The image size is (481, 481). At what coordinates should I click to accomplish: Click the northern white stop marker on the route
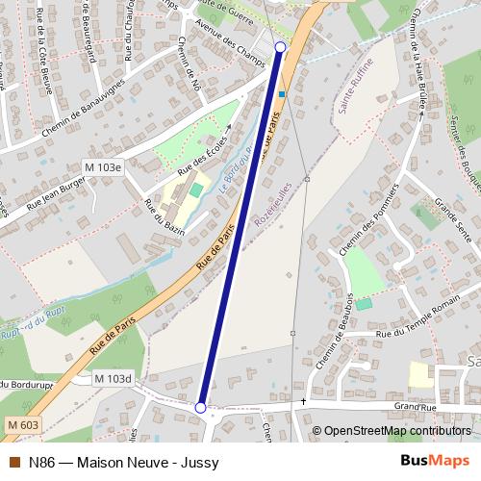tap(281, 46)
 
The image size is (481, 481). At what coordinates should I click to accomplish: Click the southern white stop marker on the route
tap(200, 408)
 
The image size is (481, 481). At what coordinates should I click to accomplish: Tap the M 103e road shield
tap(103, 167)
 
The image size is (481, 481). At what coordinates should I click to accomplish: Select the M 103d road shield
tap(113, 379)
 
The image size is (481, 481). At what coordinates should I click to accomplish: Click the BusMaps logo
tap(434, 461)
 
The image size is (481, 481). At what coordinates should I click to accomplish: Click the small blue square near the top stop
tap(281, 94)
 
